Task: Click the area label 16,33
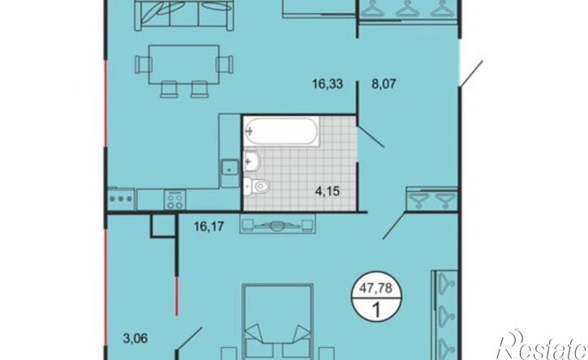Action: (x=328, y=84)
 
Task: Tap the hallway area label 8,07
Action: (x=384, y=84)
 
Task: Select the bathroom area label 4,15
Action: (x=328, y=191)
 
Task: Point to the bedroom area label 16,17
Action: (x=209, y=226)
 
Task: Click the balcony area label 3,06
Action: (x=135, y=338)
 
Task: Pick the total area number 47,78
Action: (x=376, y=288)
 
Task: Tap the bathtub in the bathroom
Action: (x=281, y=131)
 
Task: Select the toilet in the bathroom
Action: (x=255, y=186)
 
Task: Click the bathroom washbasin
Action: (x=252, y=161)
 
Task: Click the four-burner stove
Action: (x=174, y=199)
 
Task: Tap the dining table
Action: (x=184, y=65)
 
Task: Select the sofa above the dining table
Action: (x=184, y=15)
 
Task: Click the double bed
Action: (x=278, y=322)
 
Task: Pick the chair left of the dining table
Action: (x=143, y=65)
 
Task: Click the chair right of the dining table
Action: (x=225, y=65)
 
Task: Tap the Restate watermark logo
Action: (x=542, y=345)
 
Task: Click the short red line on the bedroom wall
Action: (x=176, y=296)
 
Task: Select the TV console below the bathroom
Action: (x=277, y=224)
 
